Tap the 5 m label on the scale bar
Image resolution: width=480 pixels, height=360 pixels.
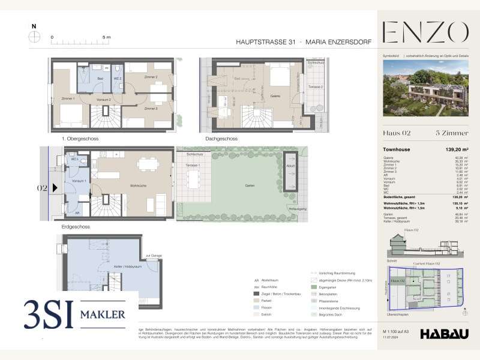pos(107,37)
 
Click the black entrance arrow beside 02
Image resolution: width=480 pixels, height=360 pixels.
pos(56,188)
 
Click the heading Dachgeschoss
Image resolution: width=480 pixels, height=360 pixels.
pos(221,139)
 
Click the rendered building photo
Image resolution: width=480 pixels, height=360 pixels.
pos(425,89)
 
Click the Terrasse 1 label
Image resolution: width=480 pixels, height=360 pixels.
pos(192,164)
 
